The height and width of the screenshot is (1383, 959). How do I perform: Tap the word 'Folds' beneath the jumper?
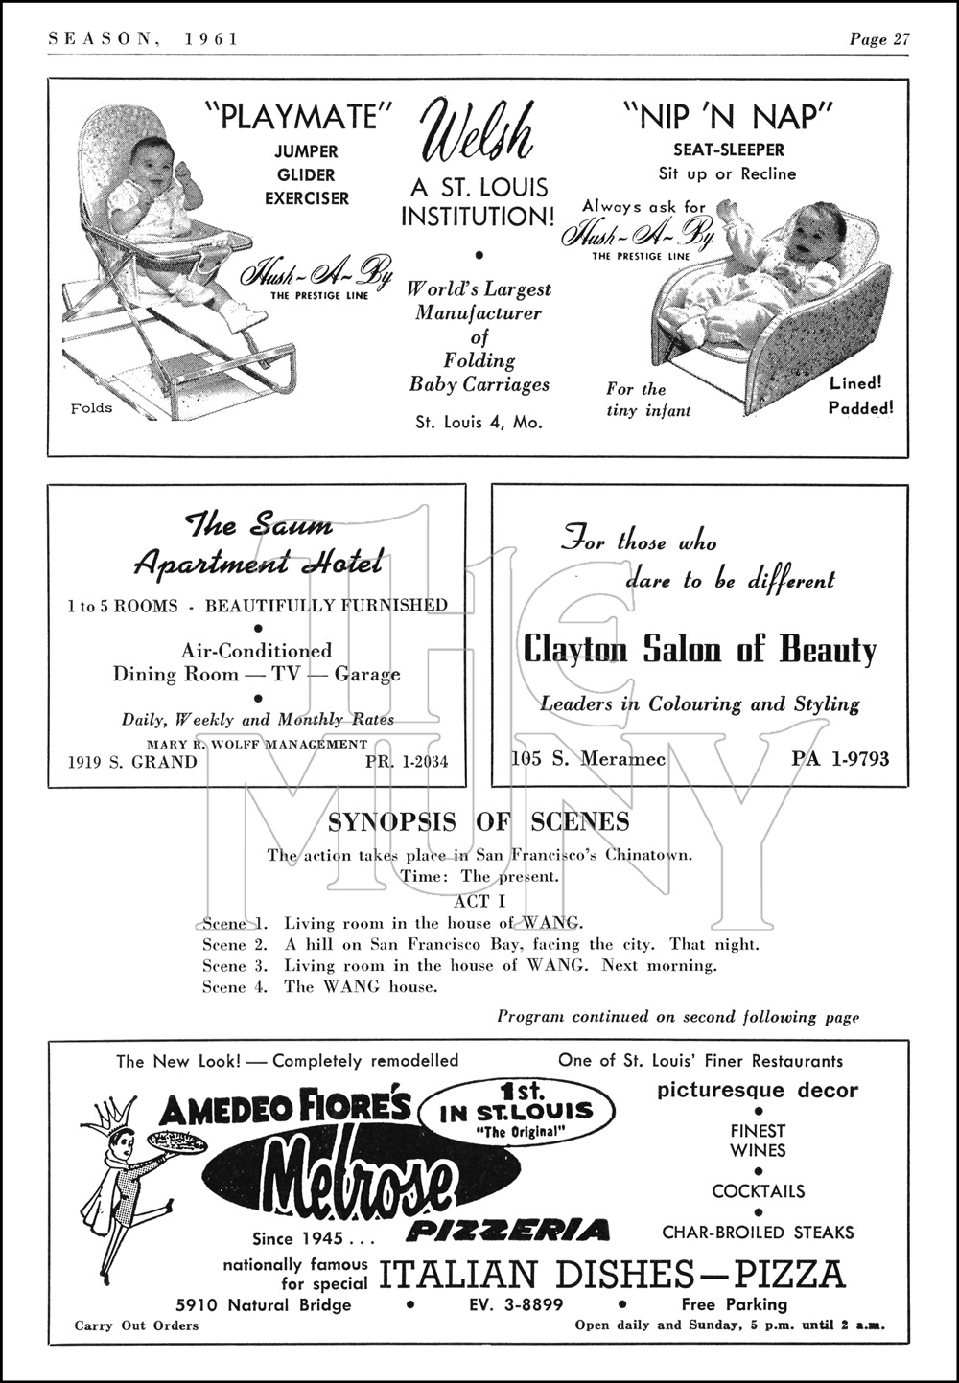[92, 408]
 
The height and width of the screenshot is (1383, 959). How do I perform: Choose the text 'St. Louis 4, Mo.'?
[479, 422]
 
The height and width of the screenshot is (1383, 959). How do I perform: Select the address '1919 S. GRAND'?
[132, 763]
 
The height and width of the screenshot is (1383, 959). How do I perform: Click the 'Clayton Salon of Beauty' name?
[699, 650]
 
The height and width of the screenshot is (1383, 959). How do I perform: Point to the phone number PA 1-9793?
[840, 759]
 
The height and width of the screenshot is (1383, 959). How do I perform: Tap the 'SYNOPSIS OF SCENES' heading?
[479, 821]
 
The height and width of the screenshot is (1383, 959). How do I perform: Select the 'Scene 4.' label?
[224, 987]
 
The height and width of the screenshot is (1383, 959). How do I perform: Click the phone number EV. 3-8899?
[515, 1304]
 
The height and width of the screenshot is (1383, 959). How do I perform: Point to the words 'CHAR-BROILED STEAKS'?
[758, 1233]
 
